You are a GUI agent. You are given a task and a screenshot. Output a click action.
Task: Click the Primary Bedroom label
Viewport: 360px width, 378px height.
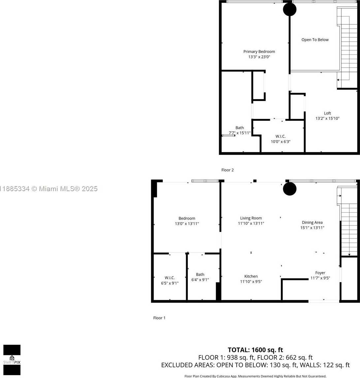click(x=259, y=52)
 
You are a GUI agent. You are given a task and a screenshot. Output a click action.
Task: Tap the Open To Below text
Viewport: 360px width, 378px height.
click(x=315, y=40)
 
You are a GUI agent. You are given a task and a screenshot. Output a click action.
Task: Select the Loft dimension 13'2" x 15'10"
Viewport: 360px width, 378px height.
click(x=327, y=119)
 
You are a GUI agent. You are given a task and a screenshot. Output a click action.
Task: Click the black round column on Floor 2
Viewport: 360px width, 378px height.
click(x=290, y=10)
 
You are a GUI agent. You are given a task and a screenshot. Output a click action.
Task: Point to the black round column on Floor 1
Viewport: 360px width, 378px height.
click(x=290, y=189)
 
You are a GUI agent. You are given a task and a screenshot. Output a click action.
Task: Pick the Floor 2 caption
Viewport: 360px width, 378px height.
click(x=227, y=170)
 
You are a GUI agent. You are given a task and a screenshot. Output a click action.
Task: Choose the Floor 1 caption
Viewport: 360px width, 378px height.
click(x=159, y=318)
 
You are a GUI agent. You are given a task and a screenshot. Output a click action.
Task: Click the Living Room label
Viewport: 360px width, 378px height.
click(x=251, y=218)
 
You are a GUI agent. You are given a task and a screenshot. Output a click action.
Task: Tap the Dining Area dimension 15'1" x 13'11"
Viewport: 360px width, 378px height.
click(x=312, y=228)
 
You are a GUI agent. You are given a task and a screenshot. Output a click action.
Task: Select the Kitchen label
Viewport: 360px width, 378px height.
click(x=251, y=276)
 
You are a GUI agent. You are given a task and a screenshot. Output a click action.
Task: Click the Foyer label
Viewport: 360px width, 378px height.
click(x=320, y=273)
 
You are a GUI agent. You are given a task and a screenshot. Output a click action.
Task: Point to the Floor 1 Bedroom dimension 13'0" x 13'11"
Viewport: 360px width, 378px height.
click(x=187, y=224)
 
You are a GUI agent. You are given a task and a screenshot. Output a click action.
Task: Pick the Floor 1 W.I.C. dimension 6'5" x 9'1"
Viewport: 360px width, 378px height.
click(x=170, y=283)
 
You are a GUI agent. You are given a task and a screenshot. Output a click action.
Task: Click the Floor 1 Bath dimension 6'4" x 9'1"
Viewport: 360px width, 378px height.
click(x=200, y=280)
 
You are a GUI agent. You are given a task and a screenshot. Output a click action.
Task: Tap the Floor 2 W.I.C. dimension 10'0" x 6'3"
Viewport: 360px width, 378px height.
click(x=280, y=142)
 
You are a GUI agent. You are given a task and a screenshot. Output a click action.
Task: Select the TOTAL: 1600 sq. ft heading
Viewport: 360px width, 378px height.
click(x=255, y=350)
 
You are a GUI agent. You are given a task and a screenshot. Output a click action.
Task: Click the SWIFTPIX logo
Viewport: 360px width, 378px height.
click(x=12, y=360)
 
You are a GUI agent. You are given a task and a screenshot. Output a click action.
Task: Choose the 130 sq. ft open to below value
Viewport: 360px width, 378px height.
click(x=283, y=365)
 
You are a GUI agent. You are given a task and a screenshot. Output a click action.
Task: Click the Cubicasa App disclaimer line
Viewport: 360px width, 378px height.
click(x=255, y=376)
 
